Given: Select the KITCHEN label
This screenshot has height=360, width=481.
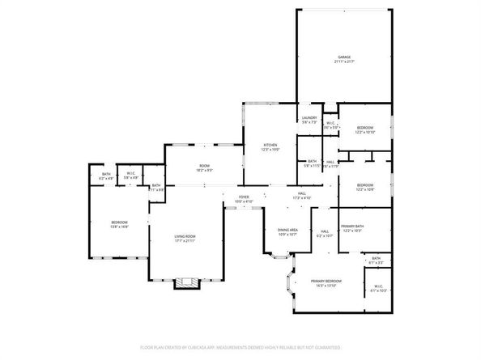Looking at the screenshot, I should [270, 146].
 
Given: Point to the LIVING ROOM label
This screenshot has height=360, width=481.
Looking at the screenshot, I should [185, 238].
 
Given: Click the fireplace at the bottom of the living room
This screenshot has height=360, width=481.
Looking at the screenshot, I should [186, 282].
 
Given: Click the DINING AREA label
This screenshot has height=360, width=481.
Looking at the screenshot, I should [288, 232].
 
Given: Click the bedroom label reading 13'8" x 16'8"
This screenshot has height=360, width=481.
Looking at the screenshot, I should [119, 225].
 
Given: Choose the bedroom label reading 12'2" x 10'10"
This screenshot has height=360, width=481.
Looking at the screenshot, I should [364, 129].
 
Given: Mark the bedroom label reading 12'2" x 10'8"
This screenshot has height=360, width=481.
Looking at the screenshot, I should [364, 187].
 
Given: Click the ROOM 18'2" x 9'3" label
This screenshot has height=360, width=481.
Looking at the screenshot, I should [204, 168].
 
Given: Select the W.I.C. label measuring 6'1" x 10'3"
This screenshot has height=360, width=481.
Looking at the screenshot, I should [377, 289].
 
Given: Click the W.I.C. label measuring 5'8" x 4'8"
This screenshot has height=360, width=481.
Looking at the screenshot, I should [130, 176].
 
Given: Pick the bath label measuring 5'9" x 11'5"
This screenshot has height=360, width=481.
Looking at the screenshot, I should [312, 163].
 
